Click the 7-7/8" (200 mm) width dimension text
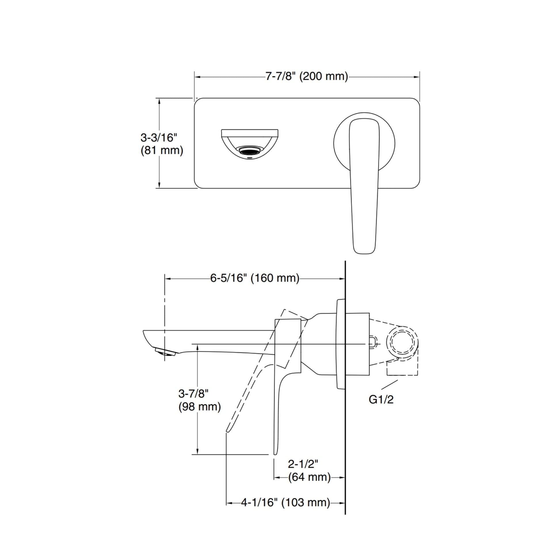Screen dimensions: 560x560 pyautogui.click(x=307, y=77)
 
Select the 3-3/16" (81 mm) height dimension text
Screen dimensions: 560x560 pyautogui.click(x=162, y=144)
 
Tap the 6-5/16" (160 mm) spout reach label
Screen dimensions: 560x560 pyautogui.click(x=254, y=278)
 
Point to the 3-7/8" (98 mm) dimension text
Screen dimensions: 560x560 pyautogui.click(x=199, y=400)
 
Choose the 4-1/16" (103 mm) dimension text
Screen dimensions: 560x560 pyautogui.click(x=285, y=502)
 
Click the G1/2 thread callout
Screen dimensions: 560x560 pyautogui.click(x=381, y=400)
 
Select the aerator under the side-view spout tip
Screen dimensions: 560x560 pyautogui.click(x=165, y=352)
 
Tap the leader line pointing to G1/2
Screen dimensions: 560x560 pyautogui.click(x=390, y=385)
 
